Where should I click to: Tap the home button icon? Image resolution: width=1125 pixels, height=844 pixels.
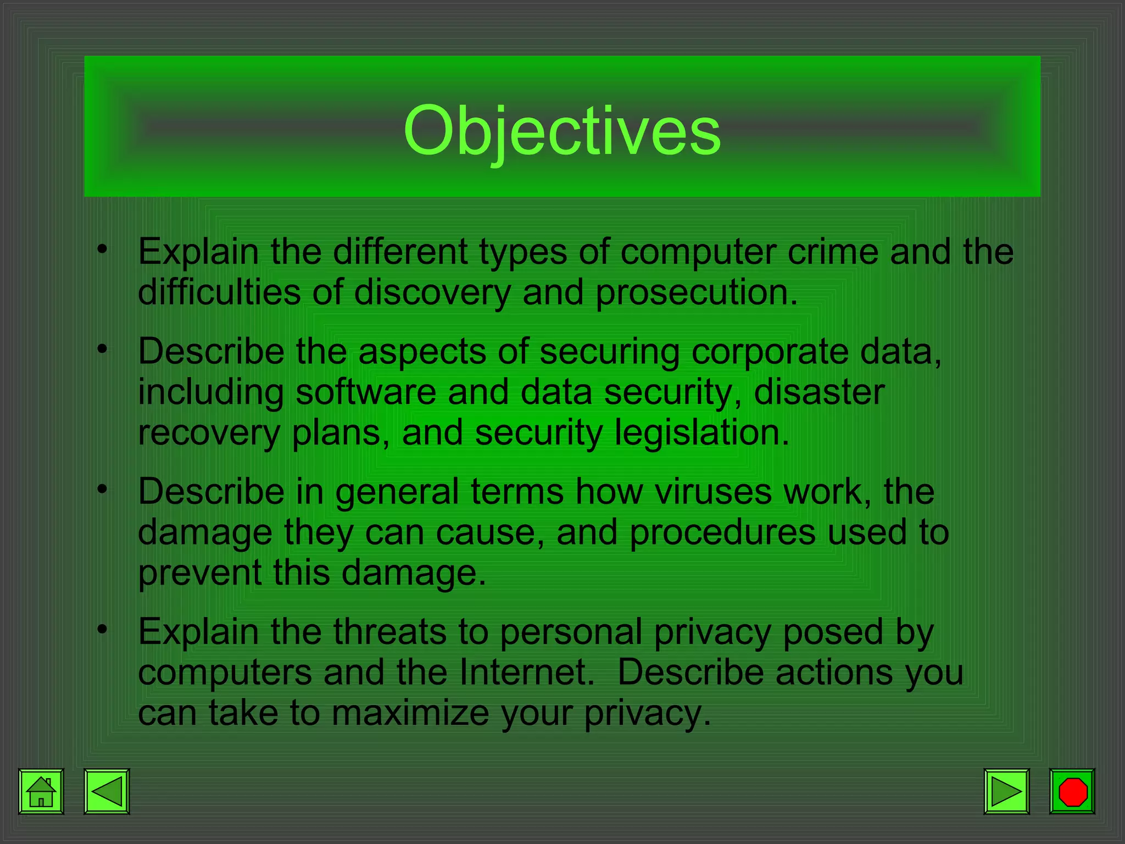(x=41, y=791)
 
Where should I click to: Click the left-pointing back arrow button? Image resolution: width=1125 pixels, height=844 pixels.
(x=107, y=791)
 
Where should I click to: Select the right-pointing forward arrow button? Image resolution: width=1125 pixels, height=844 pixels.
(x=1006, y=791)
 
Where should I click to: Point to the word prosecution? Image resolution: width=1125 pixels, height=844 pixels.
(x=696, y=292)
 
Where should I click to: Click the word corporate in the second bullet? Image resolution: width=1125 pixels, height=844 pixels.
(x=770, y=352)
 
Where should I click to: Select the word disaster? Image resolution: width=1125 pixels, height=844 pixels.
(x=819, y=392)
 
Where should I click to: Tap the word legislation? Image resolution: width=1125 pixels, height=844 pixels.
(x=701, y=433)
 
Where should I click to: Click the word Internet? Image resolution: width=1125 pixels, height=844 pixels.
(x=527, y=673)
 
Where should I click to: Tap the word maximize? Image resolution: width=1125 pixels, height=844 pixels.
(x=410, y=713)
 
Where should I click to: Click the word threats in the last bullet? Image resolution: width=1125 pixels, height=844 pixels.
(x=389, y=632)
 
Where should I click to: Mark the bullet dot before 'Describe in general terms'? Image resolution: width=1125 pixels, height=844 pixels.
(x=102, y=488)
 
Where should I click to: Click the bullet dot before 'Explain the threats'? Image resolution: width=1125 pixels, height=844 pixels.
(x=102, y=629)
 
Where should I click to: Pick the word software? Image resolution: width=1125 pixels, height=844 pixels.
(x=366, y=392)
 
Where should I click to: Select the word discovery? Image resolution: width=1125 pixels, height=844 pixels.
(x=432, y=292)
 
